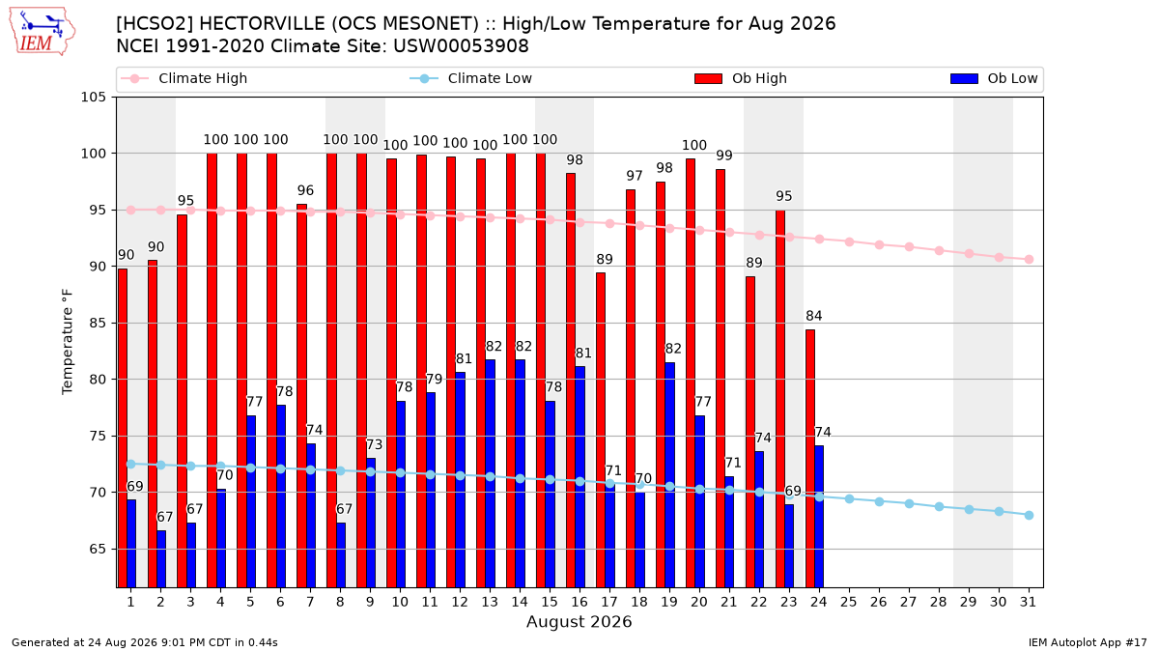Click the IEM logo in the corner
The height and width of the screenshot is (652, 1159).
pos(42,32)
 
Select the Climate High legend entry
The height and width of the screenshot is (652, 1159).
pos(184,78)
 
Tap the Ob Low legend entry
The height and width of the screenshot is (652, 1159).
pos(994,78)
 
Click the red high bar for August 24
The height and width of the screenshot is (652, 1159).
pos(810,459)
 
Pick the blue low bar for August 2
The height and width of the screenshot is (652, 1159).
pos(161,559)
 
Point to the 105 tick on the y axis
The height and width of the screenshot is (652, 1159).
pos(93,98)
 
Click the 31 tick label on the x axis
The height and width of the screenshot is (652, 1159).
pos(1028,602)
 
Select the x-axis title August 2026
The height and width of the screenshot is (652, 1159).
pos(579,621)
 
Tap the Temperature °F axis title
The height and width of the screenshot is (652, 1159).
pos(68,342)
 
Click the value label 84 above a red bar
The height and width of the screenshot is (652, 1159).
pos(814,316)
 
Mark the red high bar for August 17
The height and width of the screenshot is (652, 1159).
pos(601,430)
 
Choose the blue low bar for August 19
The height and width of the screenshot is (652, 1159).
pos(669,475)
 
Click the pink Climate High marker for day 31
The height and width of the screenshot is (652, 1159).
pos(1030,259)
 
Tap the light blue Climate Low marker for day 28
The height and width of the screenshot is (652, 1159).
pos(939,506)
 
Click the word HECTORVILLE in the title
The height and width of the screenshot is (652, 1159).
pos(262,24)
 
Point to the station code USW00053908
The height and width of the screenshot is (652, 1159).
pos(461,46)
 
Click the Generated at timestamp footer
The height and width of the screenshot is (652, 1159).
pos(144,642)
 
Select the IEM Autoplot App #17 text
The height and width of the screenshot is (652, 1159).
pos(1088,642)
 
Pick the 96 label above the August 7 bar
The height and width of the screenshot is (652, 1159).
pos(305,190)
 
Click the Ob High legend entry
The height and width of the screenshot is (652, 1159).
pos(741,78)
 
